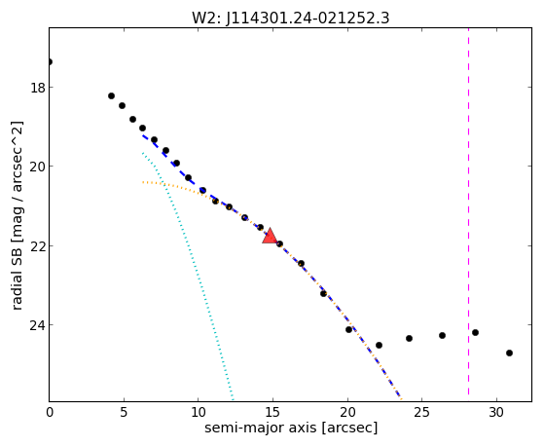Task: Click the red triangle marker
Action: click(x=270, y=237)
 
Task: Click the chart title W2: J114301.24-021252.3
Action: click(x=291, y=18)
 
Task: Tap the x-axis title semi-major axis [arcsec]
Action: click(x=291, y=428)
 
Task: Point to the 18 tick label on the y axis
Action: click(x=38, y=88)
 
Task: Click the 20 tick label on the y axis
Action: click(x=38, y=167)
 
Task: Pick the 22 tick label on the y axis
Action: click(x=38, y=246)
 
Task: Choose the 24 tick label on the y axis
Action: click(x=38, y=325)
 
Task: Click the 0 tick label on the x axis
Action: click(x=50, y=412)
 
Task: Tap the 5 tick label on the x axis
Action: click(x=124, y=412)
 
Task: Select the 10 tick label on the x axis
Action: click(x=199, y=412)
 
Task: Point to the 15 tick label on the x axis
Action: click(x=272, y=412)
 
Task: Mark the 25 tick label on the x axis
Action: click(x=422, y=412)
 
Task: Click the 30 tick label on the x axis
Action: click(x=496, y=412)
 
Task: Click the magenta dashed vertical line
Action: click(x=468, y=214)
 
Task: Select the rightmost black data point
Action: click(x=509, y=353)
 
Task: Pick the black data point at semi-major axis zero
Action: click(x=50, y=61)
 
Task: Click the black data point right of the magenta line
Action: click(x=475, y=332)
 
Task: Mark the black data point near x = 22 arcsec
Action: click(x=379, y=345)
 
